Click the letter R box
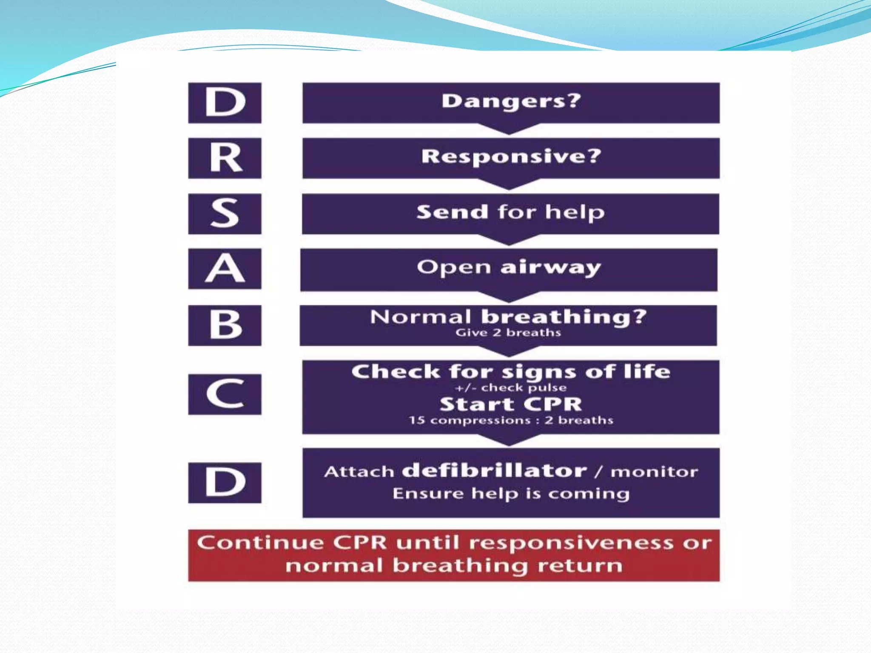click(225, 158)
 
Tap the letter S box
click(225, 213)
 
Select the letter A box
click(225, 269)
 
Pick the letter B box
click(225, 325)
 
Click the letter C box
click(225, 394)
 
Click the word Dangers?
click(511, 101)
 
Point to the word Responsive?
click(511, 156)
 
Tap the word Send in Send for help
click(452, 212)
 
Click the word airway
click(550, 268)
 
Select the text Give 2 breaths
click(508, 332)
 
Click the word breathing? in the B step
click(564, 317)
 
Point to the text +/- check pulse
click(510, 388)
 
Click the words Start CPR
click(511, 404)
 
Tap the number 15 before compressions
click(416, 420)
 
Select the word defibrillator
click(494, 471)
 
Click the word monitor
click(654, 472)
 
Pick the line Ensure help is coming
click(511, 494)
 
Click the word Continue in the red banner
click(260, 543)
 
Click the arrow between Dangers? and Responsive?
click(509, 129)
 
